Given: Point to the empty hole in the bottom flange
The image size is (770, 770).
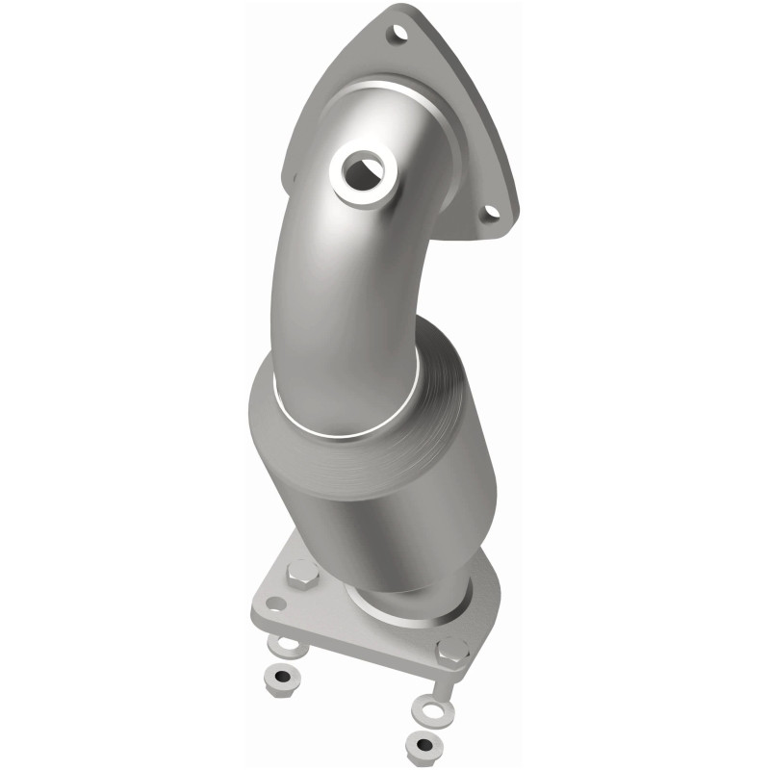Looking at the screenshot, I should pos(276,604).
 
